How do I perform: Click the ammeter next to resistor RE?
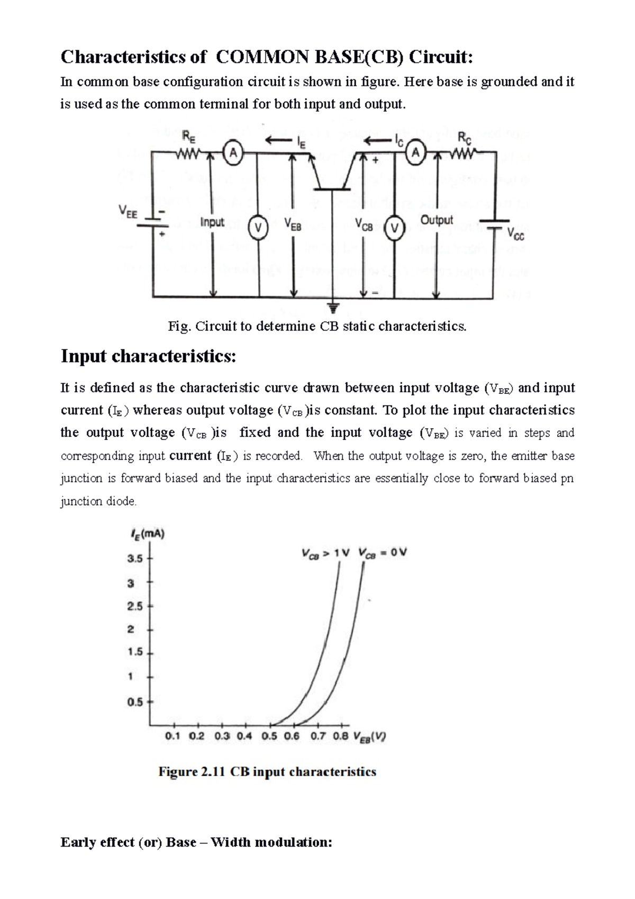[232, 153]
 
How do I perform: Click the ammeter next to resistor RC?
[416, 153]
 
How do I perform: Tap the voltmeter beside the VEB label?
[258, 228]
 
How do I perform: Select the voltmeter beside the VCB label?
[394, 228]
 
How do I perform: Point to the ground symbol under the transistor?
[333, 307]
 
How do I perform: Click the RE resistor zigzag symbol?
[189, 154]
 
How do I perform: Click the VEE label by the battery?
[128, 212]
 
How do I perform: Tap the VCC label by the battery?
[515, 233]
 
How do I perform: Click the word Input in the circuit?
[213, 222]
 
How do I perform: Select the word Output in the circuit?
[437, 220]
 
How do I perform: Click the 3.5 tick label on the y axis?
[135, 559]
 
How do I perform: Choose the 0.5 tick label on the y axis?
[135, 702]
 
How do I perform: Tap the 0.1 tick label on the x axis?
[173, 736]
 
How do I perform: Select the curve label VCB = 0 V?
[383, 553]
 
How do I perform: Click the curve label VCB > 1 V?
[325, 553]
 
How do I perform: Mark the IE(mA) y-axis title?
[148, 534]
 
